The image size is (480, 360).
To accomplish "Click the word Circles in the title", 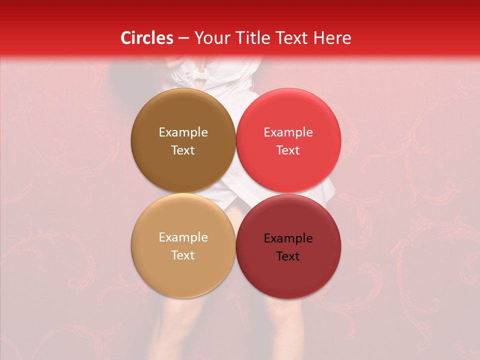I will pos(147,38).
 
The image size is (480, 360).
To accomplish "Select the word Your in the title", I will pos(210,38).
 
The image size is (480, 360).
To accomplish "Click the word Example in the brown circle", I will pos(183,132).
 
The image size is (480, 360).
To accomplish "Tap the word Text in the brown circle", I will pos(183,150).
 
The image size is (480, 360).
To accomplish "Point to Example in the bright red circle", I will pos(288,132).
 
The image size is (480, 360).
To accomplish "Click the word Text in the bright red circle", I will pos(288,150).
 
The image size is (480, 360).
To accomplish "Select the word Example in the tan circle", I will pos(183,237).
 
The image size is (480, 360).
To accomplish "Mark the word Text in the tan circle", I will pos(183,255).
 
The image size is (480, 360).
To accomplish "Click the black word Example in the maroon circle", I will pos(288,238).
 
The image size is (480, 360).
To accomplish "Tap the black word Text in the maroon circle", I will pos(288,256).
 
